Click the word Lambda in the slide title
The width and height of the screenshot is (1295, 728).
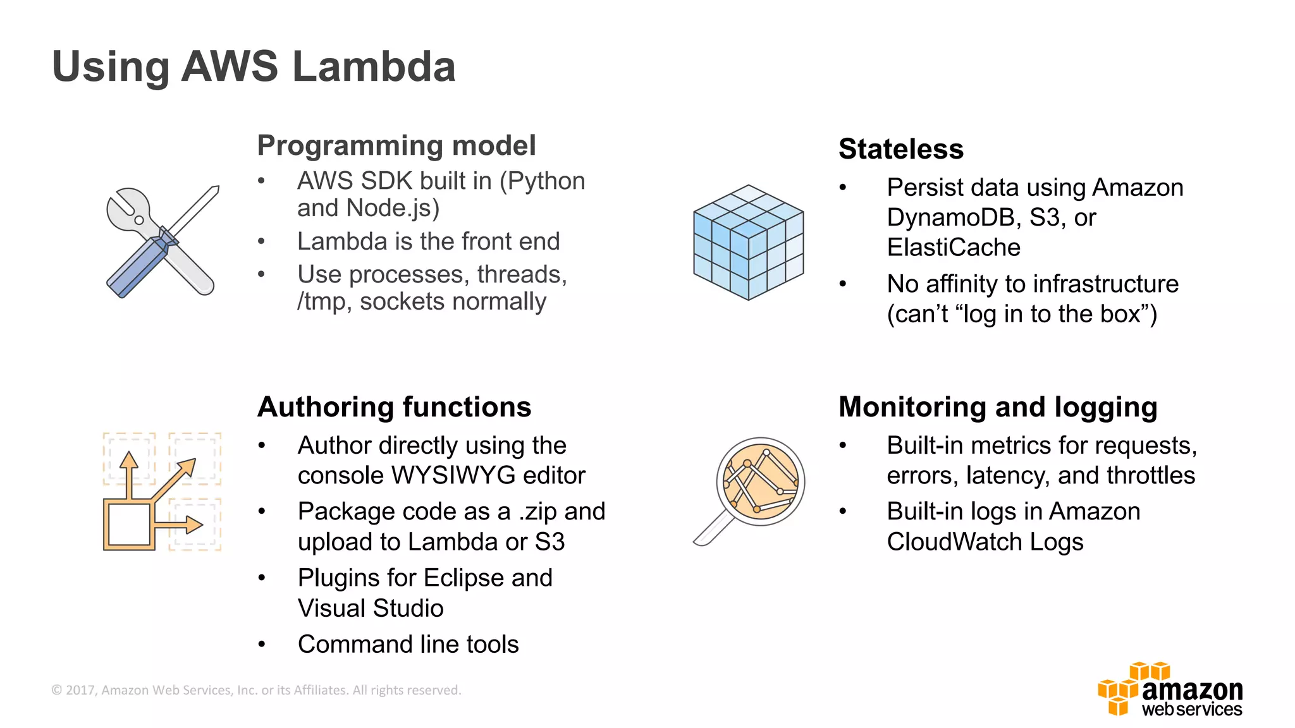point(374,66)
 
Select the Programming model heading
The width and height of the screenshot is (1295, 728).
point(396,145)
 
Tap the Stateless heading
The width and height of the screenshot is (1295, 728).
point(900,149)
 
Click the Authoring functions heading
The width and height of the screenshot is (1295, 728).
point(394,407)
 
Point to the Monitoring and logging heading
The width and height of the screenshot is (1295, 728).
point(997,407)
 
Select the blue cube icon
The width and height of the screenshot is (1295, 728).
point(748,242)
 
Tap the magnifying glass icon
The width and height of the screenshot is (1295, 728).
point(751,488)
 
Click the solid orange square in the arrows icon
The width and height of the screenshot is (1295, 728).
point(129,525)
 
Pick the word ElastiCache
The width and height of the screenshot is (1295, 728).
point(953,248)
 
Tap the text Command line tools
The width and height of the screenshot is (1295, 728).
point(408,645)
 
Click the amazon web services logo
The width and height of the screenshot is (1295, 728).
point(1170,690)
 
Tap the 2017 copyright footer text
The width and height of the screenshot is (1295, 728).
point(256,690)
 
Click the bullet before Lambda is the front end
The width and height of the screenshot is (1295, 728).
point(261,241)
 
